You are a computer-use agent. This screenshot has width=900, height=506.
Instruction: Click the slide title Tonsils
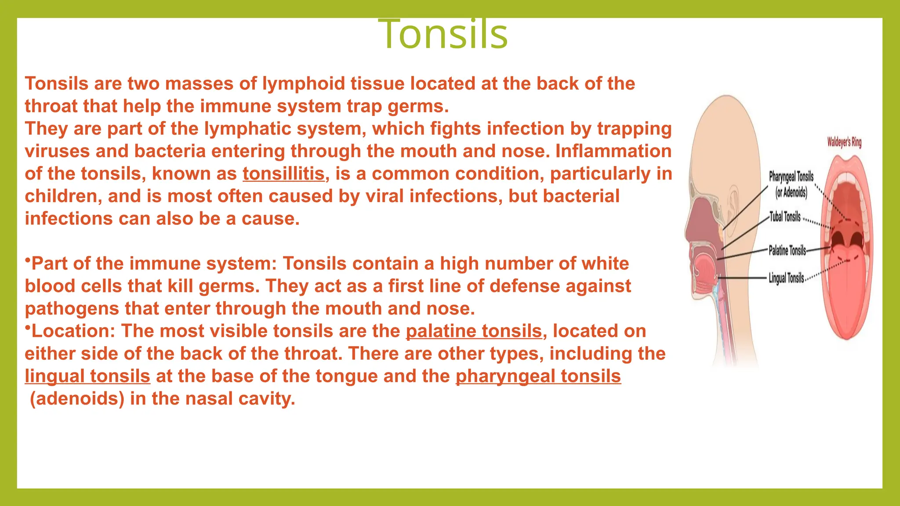coord(443,34)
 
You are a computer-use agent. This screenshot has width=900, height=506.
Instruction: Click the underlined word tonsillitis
coord(283,174)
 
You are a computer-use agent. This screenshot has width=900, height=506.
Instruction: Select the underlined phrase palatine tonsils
coord(474,331)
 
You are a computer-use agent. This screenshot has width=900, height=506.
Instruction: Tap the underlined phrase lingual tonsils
coord(87,376)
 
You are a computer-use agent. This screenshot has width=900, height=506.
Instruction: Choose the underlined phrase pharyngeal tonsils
coord(538,376)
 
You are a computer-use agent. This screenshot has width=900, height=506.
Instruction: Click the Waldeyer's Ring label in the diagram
coord(844,142)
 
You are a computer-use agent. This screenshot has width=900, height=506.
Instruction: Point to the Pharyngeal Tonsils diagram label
coord(791,177)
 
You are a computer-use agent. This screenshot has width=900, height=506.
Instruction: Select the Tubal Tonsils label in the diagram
coord(785,217)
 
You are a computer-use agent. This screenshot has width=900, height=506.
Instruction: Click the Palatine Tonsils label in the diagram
coord(787,250)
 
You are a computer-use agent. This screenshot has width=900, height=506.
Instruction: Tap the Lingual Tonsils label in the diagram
coord(786,278)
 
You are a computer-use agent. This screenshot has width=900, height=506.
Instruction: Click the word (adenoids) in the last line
coord(77,399)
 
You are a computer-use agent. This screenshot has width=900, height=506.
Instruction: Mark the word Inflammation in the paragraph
coord(613,152)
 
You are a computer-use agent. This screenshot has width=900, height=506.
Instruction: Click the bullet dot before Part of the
coord(27,261)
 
